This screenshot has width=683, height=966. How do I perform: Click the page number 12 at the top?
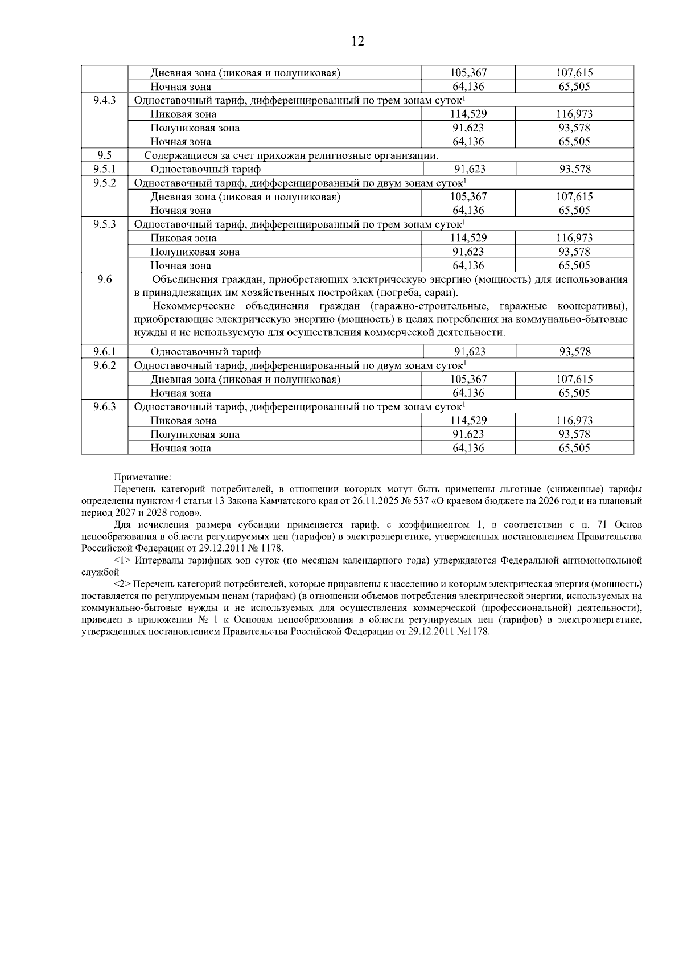coord(358,42)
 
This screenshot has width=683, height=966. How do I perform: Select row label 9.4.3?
coord(104,100)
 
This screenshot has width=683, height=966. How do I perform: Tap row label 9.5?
coord(104,155)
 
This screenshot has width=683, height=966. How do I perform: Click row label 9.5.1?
coord(104,169)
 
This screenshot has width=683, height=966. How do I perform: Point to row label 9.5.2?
coord(104,183)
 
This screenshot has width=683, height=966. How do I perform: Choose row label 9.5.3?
coord(104,224)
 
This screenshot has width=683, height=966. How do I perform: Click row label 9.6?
coord(104,279)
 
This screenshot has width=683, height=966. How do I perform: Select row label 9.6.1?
coord(104,352)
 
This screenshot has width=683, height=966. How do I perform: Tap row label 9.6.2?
coord(104,365)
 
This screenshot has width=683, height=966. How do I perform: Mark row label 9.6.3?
coord(104,407)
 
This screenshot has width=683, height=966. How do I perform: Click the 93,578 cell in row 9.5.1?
coord(575,169)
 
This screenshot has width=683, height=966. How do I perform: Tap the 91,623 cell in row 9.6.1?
coord(470,352)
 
